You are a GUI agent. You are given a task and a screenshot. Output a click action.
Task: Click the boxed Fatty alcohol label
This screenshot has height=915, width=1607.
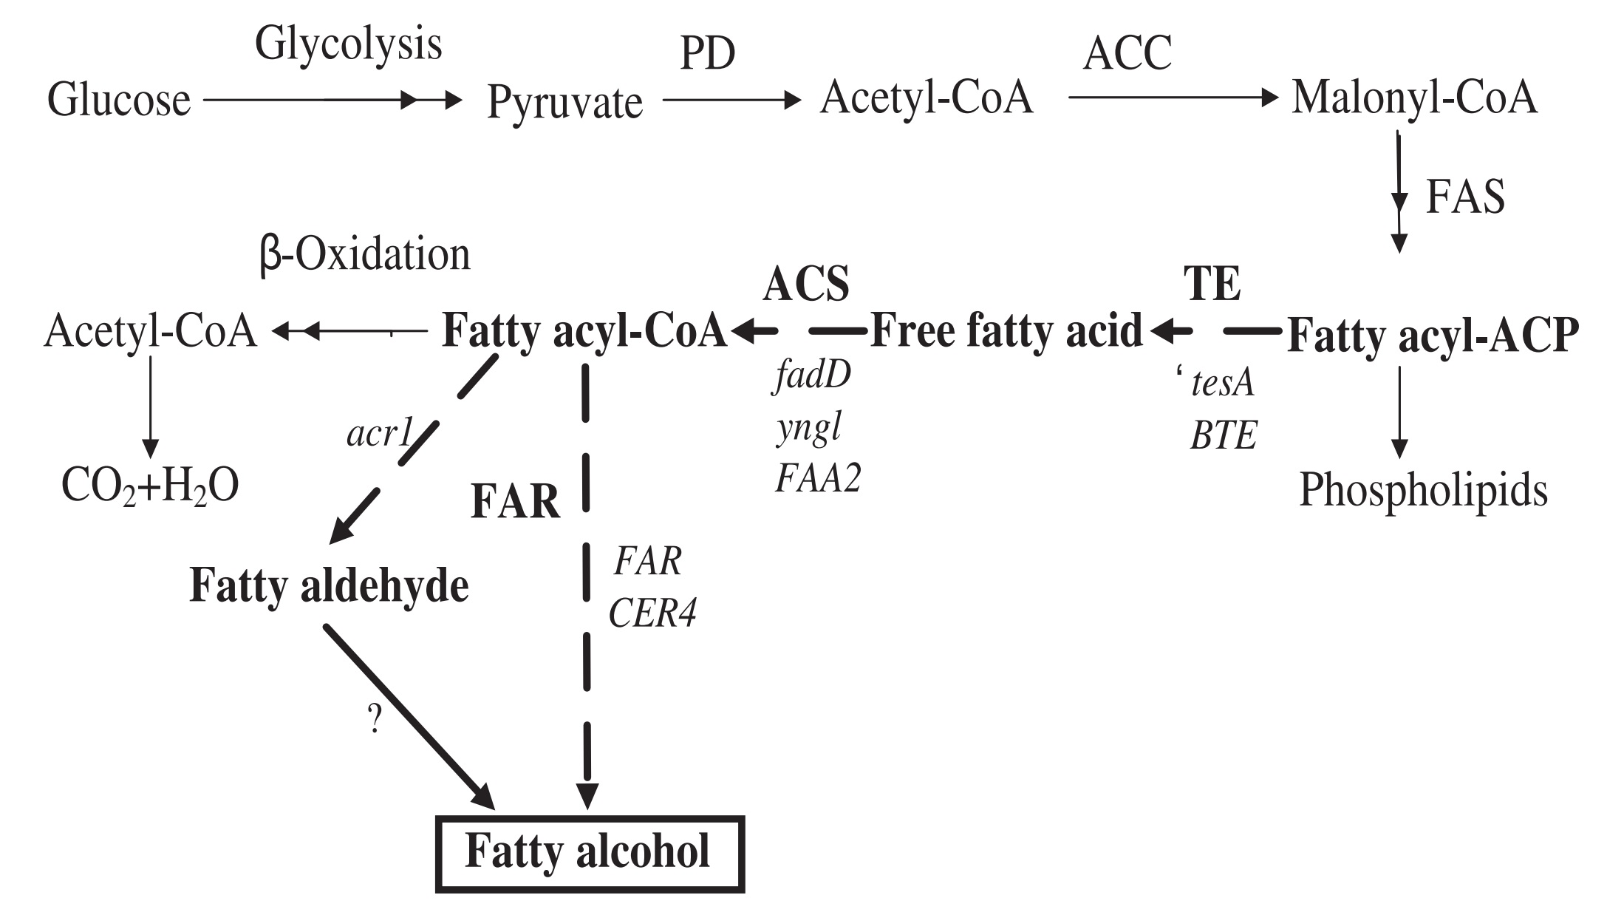[588, 852]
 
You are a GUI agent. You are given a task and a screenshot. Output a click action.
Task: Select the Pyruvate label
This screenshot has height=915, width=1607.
[564, 102]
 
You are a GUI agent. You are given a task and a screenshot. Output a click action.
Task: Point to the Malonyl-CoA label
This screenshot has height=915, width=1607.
[1414, 98]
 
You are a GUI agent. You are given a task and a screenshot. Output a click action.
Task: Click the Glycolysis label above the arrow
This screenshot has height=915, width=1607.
[348, 44]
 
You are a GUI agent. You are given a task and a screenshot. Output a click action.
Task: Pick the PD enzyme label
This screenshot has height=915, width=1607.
[707, 55]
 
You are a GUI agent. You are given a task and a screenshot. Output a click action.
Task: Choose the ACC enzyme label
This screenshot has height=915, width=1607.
[1127, 53]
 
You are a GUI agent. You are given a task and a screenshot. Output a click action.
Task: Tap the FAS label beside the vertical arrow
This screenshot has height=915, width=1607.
[1464, 197]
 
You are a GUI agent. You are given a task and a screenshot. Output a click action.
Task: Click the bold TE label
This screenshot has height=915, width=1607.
[1212, 284]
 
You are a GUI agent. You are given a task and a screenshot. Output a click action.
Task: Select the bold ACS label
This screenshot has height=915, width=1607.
[806, 284]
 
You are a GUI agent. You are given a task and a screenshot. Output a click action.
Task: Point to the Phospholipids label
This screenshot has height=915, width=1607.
[1423, 491]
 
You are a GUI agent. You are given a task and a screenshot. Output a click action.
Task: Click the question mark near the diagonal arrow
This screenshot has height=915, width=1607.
[375, 718]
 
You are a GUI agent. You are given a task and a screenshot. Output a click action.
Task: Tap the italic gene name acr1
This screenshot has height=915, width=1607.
[378, 434]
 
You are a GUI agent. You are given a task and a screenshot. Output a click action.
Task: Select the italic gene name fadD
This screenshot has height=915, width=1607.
[813, 376]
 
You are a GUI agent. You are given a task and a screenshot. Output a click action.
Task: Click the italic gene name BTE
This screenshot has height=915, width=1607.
[1223, 436]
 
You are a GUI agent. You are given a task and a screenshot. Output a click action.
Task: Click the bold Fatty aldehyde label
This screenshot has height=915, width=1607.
[329, 586]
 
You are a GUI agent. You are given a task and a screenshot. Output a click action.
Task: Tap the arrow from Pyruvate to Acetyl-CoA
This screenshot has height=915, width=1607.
[731, 99]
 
